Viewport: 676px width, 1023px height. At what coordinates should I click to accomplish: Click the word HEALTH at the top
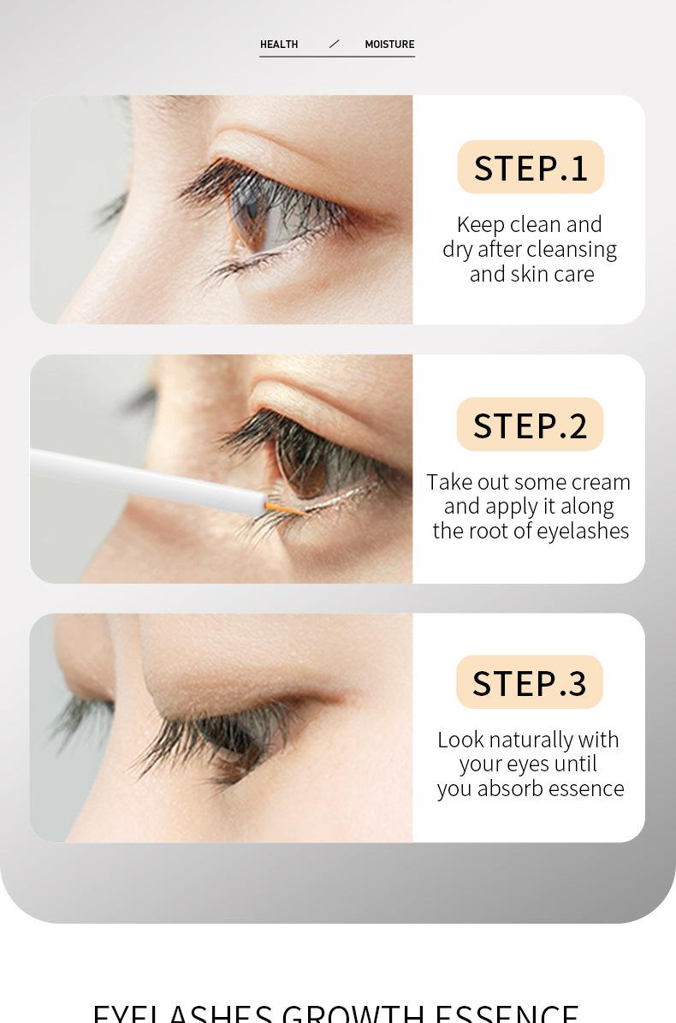click(x=279, y=45)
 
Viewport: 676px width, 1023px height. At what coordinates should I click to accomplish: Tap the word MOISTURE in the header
click(x=389, y=45)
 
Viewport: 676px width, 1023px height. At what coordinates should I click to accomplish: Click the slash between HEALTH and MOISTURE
click(x=334, y=44)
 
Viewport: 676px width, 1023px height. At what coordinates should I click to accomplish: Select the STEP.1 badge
click(x=531, y=167)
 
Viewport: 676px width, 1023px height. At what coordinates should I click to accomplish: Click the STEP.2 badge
click(x=530, y=425)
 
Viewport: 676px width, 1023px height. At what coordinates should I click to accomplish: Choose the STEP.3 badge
click(x=529, y=682)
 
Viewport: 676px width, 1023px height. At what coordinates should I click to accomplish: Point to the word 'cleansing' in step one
click(x=574, y=249)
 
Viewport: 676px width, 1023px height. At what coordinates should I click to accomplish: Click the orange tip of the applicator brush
click(x=282, y=509)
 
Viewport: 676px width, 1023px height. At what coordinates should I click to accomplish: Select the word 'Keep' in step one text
click(x=480, y=224)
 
